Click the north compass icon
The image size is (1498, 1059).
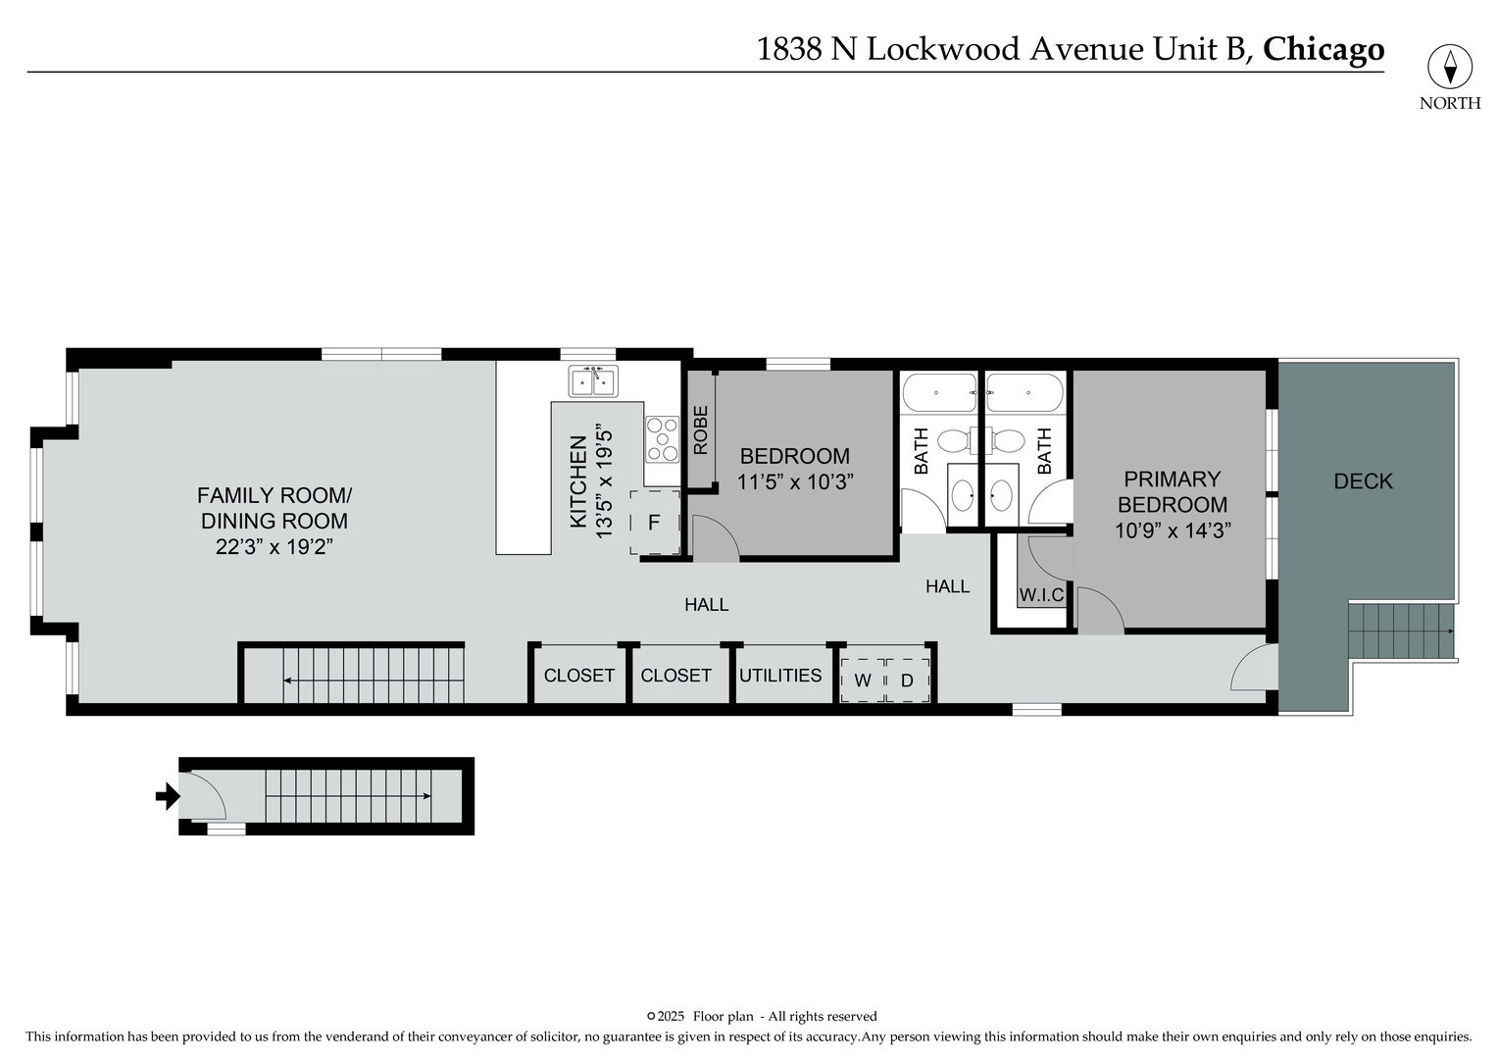pos(1450,67)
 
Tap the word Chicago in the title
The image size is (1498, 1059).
pos(1323,49)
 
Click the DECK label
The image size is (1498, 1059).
pos(1363,481)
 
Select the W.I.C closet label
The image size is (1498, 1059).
pos(1041,595)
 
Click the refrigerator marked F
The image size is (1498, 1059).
pos(654,523)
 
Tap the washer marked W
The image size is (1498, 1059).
pos(863,680)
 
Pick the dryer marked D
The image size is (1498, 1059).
pos(907,680)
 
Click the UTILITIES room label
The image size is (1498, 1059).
pos(780,676)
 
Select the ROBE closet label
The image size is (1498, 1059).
pos(700,431)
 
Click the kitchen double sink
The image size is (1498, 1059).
pos(594,380)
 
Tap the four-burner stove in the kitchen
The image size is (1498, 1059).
pos(662,439)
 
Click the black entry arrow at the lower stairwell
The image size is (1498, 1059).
pos(168,796)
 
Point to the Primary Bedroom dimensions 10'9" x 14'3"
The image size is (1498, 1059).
pos(1173,530)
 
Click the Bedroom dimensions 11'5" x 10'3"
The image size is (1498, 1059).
pos(795,482)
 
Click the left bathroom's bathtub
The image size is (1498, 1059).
pos(938,392)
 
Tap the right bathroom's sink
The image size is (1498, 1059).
pos(1000,493)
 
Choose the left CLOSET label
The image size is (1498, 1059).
pos(578,676)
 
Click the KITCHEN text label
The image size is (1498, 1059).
pos(578,482)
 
